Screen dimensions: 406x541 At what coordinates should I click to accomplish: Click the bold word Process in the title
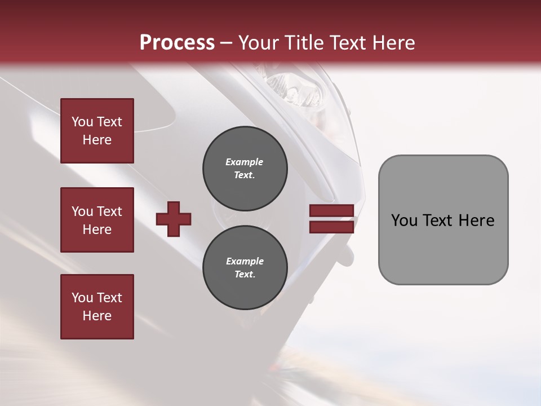click(x=177, y=43)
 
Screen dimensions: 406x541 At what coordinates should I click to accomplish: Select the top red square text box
click(x=97, y=131)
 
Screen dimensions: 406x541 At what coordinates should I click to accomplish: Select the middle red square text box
click(x=97, y=220)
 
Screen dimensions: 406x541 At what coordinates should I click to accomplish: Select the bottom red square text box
click(x=97, y=307)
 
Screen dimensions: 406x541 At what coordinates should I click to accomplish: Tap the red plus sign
click(x=174, y=218)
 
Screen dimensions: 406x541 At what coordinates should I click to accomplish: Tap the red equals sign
click(x=331, y=219)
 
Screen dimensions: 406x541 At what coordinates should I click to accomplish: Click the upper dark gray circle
click(x=245, y=168)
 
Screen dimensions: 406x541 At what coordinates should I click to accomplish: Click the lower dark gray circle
click(x=245, y=267)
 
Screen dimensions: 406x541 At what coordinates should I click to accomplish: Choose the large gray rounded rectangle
click(x=443, y=219)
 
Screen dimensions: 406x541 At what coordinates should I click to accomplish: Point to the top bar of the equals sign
click(x=331, y=210)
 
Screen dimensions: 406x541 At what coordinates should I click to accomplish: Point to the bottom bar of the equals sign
click(x=331, y=227)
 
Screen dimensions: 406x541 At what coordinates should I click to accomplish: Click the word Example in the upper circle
click(x=245, y=162)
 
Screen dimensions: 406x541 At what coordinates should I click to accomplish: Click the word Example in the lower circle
click(x=245, y=261)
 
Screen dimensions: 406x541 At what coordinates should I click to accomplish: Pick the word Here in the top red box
click(x=97, y=140)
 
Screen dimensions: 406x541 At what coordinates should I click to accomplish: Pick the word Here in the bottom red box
click(x=97, y=316)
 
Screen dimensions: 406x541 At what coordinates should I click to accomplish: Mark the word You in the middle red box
click(x=82, y=211)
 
